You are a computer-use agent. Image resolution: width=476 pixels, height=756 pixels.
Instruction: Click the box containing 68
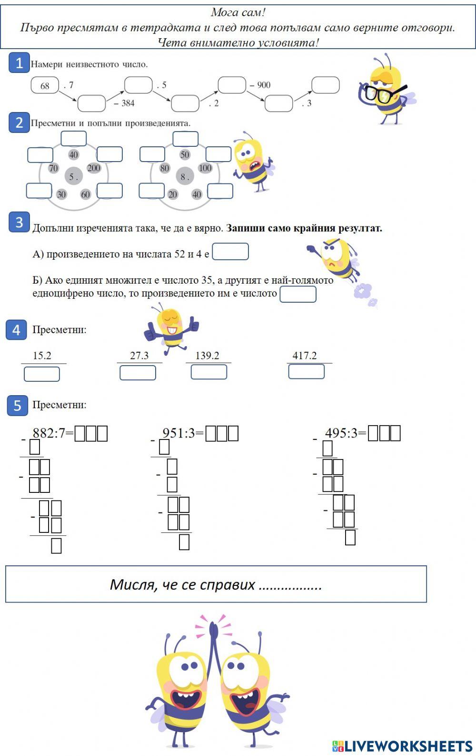45,86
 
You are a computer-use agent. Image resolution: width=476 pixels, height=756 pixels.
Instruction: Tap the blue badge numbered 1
19,63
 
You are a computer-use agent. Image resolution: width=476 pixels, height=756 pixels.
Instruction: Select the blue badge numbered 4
16,330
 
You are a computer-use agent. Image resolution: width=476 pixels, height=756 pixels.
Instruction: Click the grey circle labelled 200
94,168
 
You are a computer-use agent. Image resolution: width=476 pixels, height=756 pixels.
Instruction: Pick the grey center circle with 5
74,177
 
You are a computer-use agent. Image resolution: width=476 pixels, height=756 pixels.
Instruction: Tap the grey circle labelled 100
205,168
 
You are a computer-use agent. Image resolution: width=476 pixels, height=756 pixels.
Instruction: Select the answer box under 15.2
42,374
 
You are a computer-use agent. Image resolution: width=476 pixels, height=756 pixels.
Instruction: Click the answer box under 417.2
306,371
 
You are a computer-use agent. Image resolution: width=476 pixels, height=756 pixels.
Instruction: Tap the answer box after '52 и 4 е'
230,252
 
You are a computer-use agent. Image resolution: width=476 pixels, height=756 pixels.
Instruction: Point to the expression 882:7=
53,433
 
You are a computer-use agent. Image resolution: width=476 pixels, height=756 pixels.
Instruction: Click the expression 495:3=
346,433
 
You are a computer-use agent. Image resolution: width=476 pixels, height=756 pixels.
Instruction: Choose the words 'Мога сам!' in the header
238,13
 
